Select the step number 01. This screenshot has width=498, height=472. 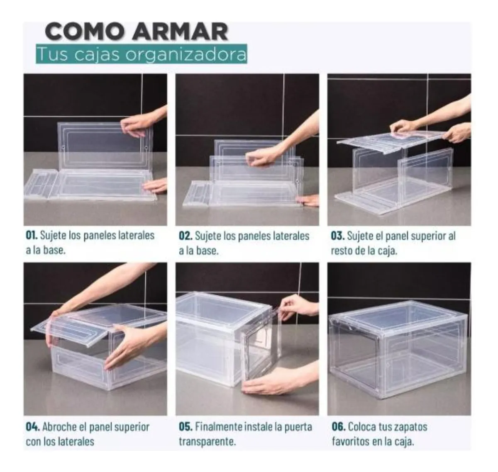[x=32, y=236]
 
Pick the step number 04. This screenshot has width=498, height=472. [x=32, y=427]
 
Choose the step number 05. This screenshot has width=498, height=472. [x=185, y=427]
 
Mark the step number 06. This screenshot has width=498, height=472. [x=338, y=427]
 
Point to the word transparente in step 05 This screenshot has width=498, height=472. [x=207, y=442]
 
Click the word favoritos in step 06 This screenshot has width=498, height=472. [x=350, y=442]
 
